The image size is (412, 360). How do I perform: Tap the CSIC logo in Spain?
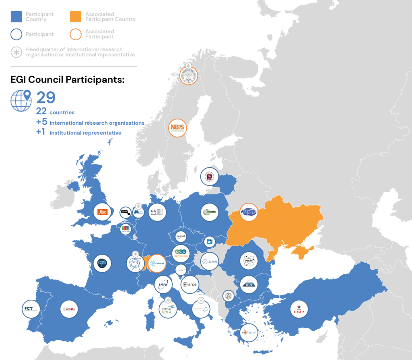68,309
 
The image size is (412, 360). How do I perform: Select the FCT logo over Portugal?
31,309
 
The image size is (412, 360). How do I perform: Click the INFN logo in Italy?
163,284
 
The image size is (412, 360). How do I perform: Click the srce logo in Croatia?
190,285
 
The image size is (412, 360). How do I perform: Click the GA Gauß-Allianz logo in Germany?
156,211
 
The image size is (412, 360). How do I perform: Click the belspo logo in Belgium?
126,229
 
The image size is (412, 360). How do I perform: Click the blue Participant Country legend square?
16,16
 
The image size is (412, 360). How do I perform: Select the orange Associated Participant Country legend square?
76,16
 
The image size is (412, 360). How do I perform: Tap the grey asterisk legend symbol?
16,52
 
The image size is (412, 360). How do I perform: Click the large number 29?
46,98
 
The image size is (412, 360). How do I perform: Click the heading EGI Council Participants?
67,80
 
